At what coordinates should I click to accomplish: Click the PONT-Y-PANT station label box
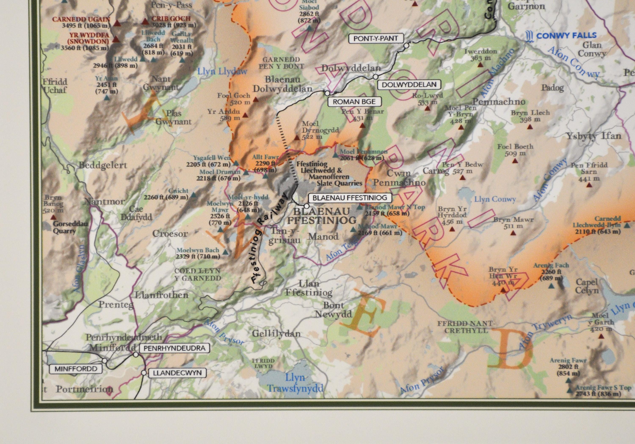tap(375, 39)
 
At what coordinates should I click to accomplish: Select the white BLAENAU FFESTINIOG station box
tap(350, 198)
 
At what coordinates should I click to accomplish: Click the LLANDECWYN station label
tap(177, 373)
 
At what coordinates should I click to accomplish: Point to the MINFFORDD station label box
tap(76, 369)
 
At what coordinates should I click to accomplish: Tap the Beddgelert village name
tap(103, 165)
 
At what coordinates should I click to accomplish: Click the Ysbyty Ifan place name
tap(594, 136)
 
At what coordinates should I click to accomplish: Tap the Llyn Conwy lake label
tap(495, 199)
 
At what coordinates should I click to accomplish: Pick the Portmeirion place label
tap(85, 389)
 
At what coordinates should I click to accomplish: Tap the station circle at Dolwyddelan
tap(375, 77)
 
